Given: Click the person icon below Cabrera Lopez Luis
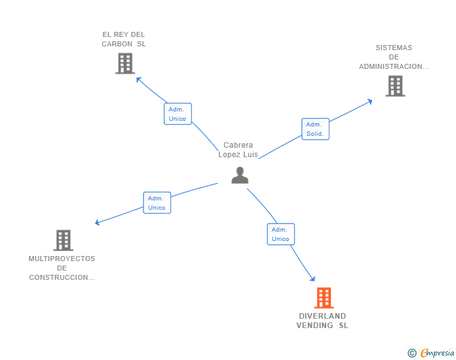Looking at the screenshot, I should tap(240, 175).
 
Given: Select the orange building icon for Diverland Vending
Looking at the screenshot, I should tap(323, 298).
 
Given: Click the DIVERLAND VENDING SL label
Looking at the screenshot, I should tap(323, 321).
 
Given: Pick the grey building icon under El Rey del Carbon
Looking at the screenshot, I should tap(125, 63).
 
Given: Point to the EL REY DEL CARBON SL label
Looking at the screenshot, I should tap(123, 39).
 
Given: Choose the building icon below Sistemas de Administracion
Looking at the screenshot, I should tap(395, 86).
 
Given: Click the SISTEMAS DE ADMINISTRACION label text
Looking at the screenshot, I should tap(394, 57).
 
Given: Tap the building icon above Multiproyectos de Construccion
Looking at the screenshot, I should tap(63, 240).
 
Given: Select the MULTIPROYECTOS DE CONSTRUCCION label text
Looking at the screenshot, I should tap(62, 268).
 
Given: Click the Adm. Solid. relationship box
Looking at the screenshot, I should tap(315, 129).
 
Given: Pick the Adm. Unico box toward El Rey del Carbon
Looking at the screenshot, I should tap(177, 114).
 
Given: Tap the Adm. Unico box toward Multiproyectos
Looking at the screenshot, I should tap(157, 203).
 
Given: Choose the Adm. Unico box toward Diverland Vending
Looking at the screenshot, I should tap(281, 234).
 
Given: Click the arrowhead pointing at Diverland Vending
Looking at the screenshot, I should tap(313, 279).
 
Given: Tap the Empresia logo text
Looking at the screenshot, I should tap(437, 353).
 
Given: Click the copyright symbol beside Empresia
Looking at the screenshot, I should tap(412, 353).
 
